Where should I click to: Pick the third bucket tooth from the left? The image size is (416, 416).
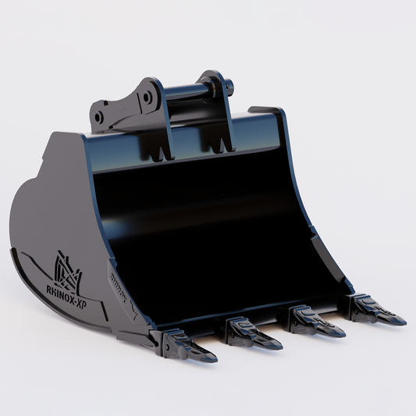tap(315, 320)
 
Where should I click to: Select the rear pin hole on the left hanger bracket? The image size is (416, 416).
tap(145, 98)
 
